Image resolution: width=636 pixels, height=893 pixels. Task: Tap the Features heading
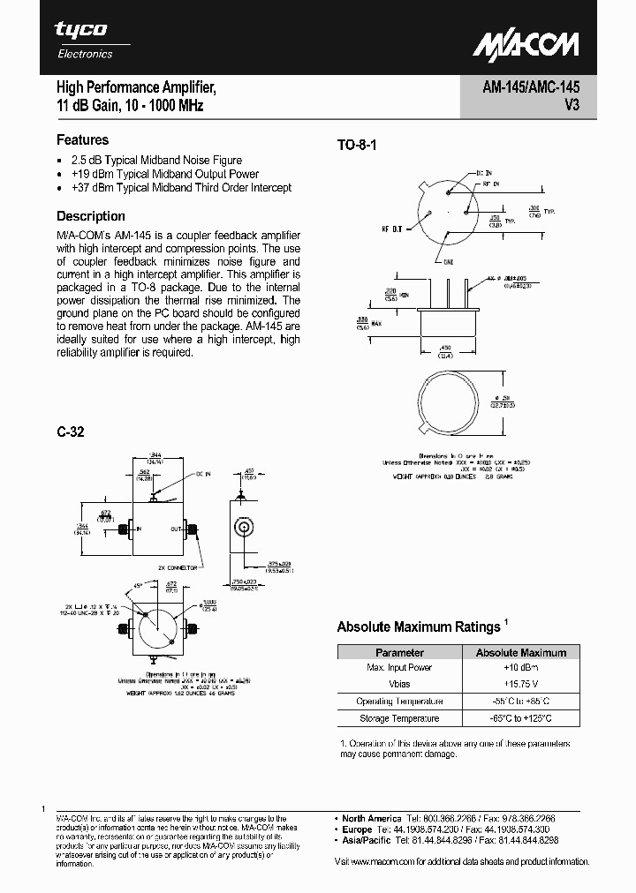pos(83,139)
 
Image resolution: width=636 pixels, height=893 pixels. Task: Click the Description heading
pos(91,216)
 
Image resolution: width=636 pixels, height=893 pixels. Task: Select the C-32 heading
pos(71,432)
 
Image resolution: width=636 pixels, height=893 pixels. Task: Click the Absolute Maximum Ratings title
pos(418,627)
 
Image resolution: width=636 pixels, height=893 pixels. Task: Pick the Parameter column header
pos(399,653)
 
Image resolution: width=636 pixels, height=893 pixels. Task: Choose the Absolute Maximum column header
pos(520,653)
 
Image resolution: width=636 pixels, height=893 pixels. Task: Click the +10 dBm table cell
pos(520,668)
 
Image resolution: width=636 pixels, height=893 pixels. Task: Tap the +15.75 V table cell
pos(520,685)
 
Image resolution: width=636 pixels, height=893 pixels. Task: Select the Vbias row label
pos(399,685)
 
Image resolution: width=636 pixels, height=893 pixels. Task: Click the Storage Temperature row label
pos(399,719)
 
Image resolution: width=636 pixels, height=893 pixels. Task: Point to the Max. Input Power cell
pos(399,668)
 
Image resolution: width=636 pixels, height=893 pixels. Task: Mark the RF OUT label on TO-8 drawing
pos(391,229)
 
